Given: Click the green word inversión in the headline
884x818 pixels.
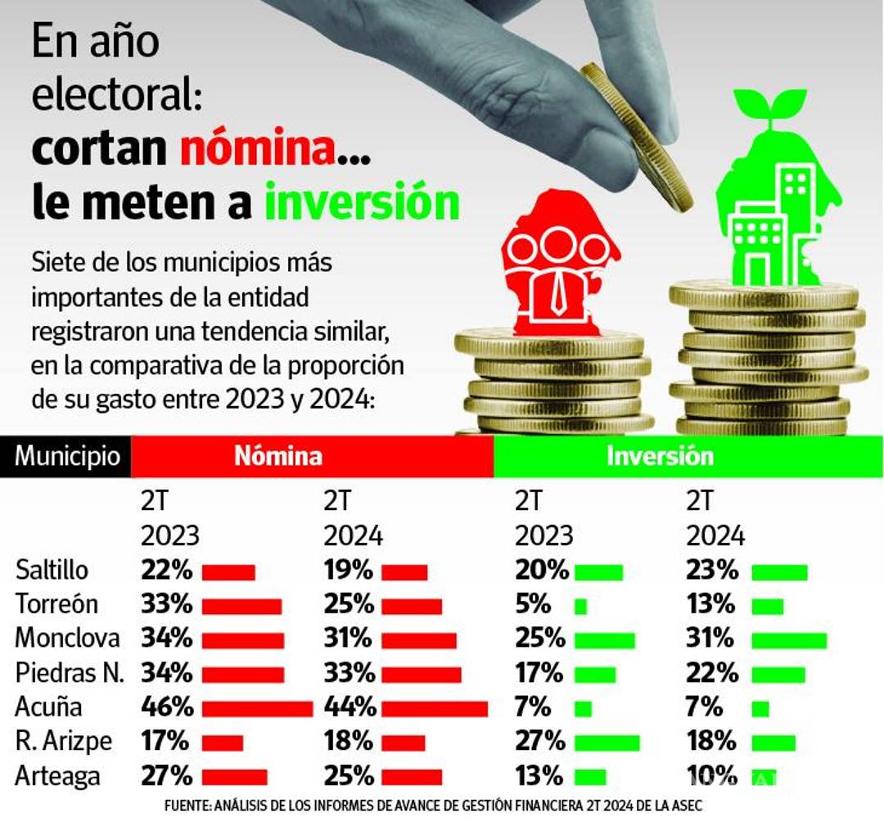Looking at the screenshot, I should click(361, 203).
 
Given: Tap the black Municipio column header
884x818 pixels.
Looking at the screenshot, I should click(66, 456).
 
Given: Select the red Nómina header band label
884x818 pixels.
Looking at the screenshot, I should click(278, 456).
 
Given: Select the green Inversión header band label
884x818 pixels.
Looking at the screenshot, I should click(659, 456).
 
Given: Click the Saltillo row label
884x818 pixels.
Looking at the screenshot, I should click(52, 571).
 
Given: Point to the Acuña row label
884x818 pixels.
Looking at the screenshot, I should click(48, 707).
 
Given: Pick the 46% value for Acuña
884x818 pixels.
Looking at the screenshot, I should click(167, 707).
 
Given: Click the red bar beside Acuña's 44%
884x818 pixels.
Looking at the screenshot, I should click(434, 708).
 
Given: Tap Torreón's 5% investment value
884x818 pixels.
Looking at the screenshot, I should click(533, 605).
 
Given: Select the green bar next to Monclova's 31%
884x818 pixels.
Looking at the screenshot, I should click(788, 639).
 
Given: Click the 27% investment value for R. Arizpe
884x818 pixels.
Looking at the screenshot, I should click(540, 741).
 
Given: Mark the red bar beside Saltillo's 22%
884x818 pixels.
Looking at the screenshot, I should click(228, 572).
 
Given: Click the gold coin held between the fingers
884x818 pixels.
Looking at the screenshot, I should click(638, 135).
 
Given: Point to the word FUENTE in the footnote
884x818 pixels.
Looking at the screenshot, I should click(186, 806).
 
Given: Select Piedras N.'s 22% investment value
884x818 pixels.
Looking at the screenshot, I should click(711, 673).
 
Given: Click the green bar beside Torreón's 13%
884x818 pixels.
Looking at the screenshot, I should click(767, 607).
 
